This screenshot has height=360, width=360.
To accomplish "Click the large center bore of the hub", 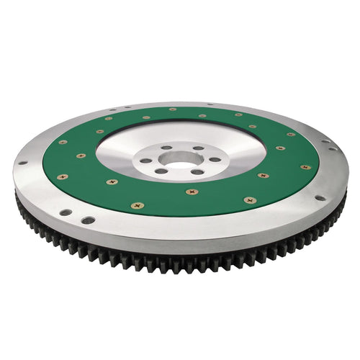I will (180, 159).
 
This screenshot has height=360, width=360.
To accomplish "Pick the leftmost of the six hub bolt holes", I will (148, 161).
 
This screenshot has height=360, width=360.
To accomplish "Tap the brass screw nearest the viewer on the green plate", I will (137, 205).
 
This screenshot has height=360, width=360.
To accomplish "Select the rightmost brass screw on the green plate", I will (306, 167).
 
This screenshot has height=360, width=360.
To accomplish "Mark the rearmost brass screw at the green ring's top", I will (173, 109).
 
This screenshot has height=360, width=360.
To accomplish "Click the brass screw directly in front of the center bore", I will (191, 192).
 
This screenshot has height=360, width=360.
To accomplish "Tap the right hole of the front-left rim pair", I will (86, 220).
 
